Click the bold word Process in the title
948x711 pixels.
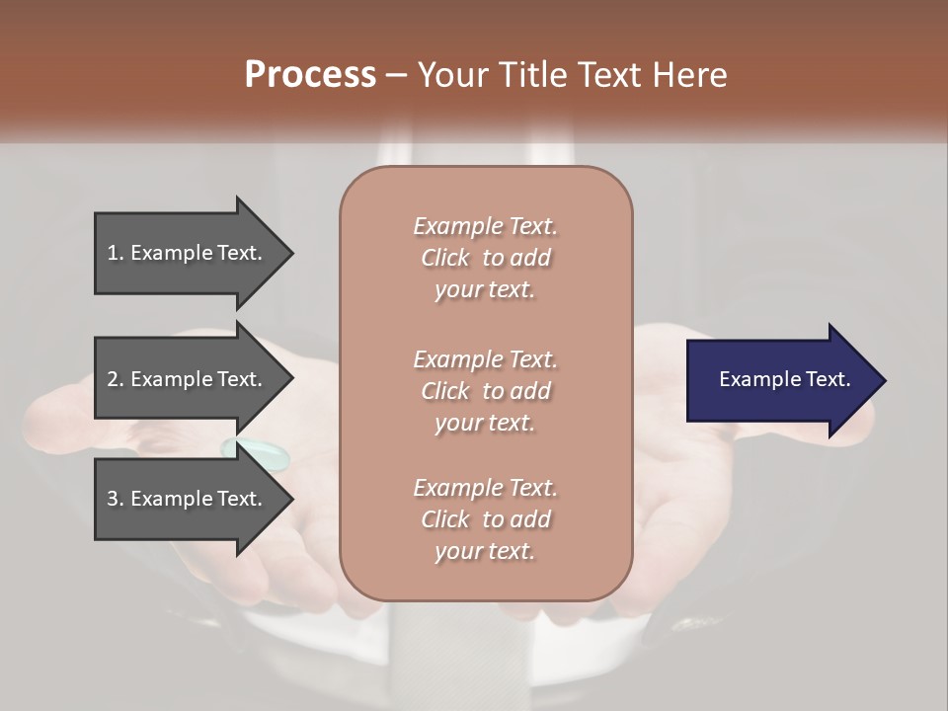[310, 75]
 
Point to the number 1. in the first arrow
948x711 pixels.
[115, 253]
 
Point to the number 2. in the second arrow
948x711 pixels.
[115, 379]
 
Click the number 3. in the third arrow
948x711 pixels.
[115, 499]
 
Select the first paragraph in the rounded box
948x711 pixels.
[485, 258]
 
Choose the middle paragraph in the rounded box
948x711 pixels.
[485, 390]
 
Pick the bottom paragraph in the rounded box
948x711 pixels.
[485, 519]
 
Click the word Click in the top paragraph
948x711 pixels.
[444, 258]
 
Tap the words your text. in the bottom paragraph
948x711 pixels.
[485, 551]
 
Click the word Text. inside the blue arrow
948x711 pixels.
[826, 379]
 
